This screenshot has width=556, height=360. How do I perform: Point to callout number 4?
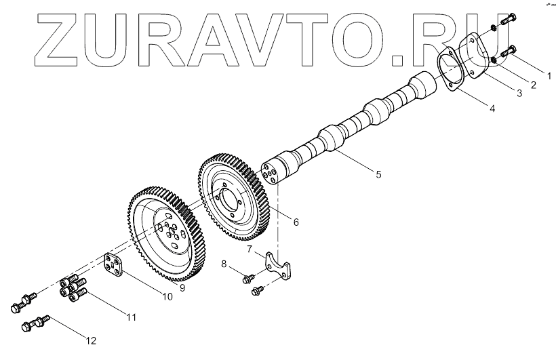(x=492, y=108)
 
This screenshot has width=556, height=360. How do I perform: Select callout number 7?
(x=250, y=249)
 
